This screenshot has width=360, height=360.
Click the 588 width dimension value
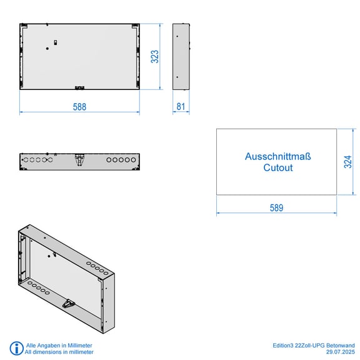coord(79,107)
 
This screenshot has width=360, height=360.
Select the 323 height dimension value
coord(155,56)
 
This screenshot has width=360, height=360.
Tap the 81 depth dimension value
coord(181,106)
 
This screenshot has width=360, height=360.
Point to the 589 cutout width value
coord(276,207)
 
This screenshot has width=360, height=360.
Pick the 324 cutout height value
coord(348,162)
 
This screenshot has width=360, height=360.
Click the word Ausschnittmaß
coord(277,156)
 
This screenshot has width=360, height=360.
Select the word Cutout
coord(278,167)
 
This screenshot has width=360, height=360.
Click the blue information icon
coord(16,348)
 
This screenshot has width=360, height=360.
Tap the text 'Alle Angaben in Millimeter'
coord(59,345)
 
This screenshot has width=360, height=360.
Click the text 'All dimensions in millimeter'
coord(59,352)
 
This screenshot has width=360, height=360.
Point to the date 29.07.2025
coord(341,352)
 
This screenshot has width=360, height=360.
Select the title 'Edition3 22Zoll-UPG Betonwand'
coord(314,345)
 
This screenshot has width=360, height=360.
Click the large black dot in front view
coord(47,49)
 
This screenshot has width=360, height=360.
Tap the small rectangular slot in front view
coord(56,42)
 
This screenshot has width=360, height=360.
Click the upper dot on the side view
coord(177,36)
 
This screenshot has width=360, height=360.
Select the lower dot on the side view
coord(177,77)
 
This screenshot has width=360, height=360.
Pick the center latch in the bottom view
coord(79,160)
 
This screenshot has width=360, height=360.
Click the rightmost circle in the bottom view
coord(133,160)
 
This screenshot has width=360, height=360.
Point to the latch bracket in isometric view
coord(68,304)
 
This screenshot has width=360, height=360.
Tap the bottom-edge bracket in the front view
coord(79,87)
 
